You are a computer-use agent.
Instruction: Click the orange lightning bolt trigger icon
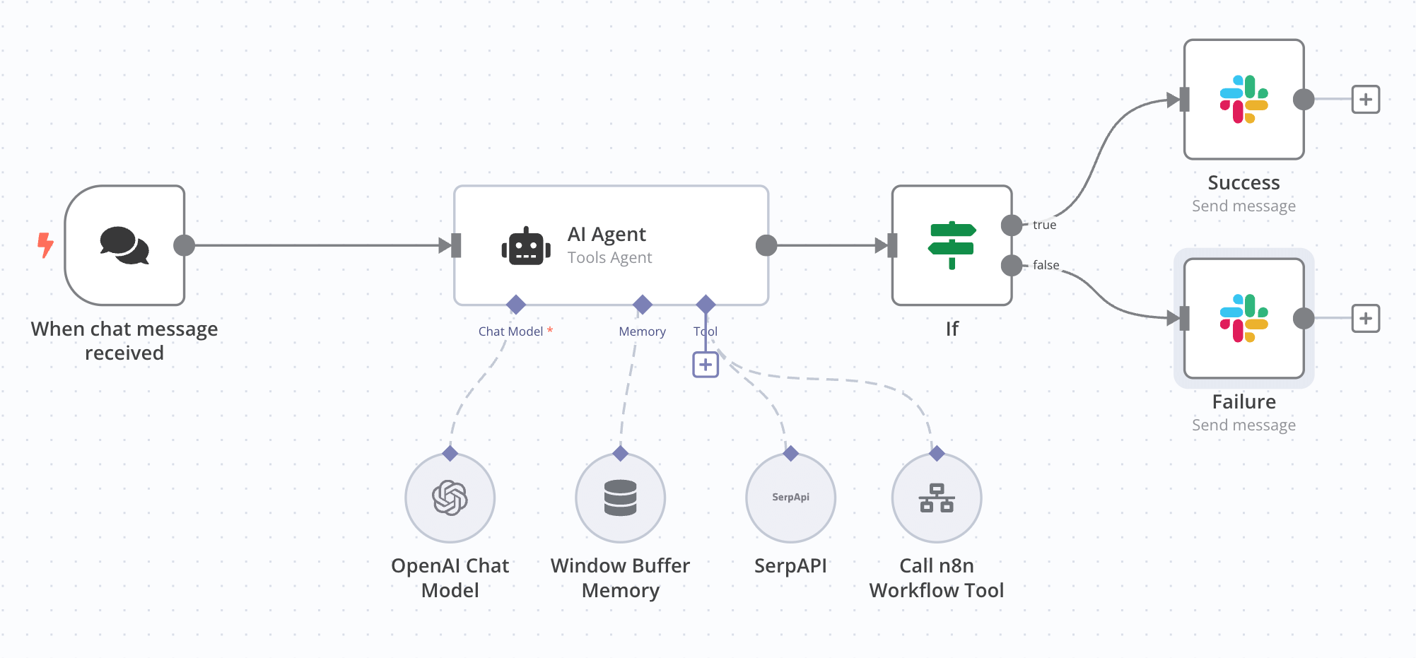point(45,245)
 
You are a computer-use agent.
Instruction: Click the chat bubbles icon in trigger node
point(124,245)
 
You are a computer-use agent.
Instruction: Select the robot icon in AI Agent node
point(526,247)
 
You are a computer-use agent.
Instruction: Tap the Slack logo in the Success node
point(1244,100)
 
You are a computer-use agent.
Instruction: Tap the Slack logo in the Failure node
point(1244,318)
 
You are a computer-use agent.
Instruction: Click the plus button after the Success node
point(1365,100)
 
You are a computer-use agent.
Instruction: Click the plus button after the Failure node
point(1365,319)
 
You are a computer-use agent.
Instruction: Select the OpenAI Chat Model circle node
point(450,498)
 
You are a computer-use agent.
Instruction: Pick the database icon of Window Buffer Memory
point(620,498)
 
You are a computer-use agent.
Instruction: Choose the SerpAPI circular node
point(790,498)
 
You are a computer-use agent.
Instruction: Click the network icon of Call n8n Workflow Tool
point(937,498)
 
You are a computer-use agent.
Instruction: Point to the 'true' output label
point(1044,225)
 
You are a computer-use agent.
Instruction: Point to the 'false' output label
point(1046,265)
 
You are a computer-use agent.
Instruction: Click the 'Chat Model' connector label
point(510,331)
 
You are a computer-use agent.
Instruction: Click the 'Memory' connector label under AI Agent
point(642,331)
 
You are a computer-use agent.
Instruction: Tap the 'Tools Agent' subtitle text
point(609,258)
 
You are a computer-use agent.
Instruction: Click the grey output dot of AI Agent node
point(766,245)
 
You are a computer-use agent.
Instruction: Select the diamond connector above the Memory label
point(642,305)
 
